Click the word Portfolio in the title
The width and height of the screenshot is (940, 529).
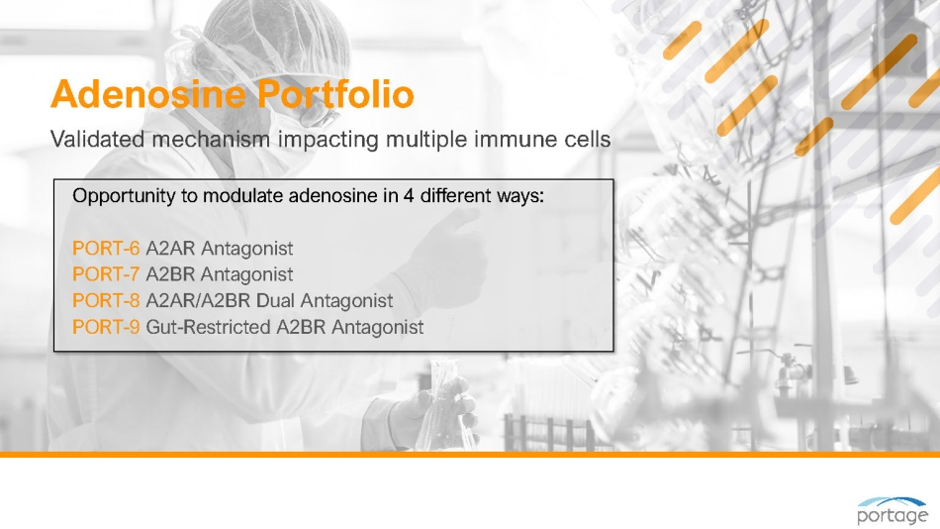[335, 94]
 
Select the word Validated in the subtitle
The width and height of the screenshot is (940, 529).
[98, 140]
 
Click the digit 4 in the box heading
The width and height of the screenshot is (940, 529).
[409, 196]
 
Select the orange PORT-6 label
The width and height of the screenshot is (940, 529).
[106, 248]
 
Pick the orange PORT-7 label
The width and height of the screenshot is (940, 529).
[106, 274]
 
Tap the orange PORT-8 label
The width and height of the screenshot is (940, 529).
[106, 300]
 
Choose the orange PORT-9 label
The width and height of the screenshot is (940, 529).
[106, 327]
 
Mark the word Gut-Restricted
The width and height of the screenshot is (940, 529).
[208, 327]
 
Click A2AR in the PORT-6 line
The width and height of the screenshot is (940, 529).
[170, 248]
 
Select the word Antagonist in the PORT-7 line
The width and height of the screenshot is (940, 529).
[247, 274]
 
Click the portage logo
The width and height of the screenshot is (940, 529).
[893, 511]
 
